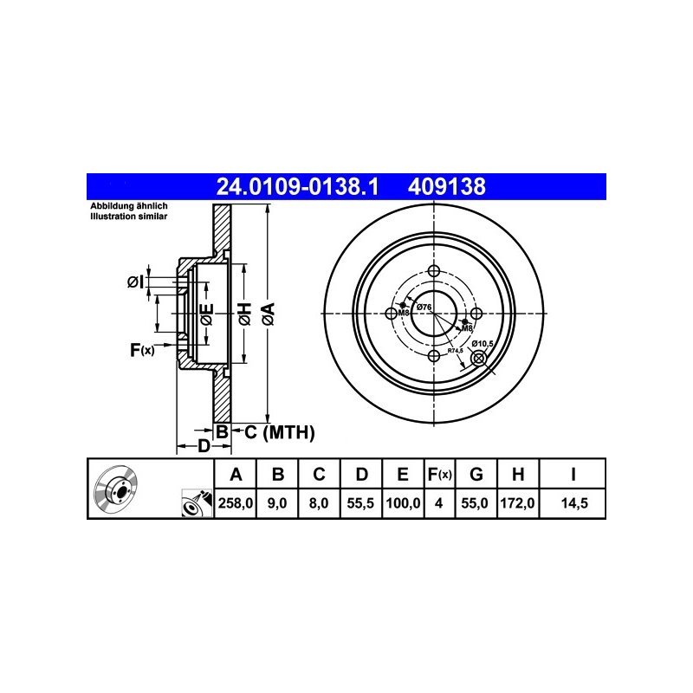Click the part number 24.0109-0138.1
[x=297, y=186]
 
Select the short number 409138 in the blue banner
[x=446, y=186]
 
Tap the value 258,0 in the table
[x=235, y=503]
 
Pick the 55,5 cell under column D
[x=360, y=503]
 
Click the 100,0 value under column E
[x=403, y=503]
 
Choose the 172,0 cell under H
[x=517, y=503]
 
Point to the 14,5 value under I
[x=574, y=503]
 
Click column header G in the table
[x=476, y=474]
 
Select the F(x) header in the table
[x=439, y=474]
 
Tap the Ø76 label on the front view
[x=424, y=307]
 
